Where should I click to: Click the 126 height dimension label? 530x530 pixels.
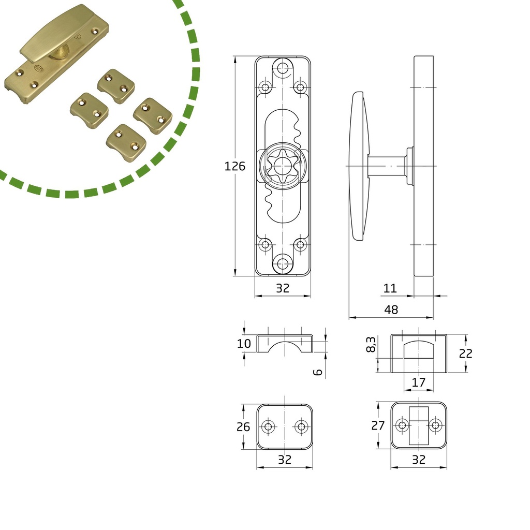point(234,166)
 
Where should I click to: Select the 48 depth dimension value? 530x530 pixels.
point(391,310)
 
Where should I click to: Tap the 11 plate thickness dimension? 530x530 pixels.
point(390,288)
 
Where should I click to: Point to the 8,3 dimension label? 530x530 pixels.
point(371,344)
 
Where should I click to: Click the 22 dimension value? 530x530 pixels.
point(465,354)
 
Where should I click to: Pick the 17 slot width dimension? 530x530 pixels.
point(418,382)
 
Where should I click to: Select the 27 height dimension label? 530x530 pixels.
point(378,425)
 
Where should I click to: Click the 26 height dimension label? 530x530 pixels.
point(243,427)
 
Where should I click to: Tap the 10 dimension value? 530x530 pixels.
point(244,344)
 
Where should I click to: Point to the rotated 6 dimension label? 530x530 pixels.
point(318,373)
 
